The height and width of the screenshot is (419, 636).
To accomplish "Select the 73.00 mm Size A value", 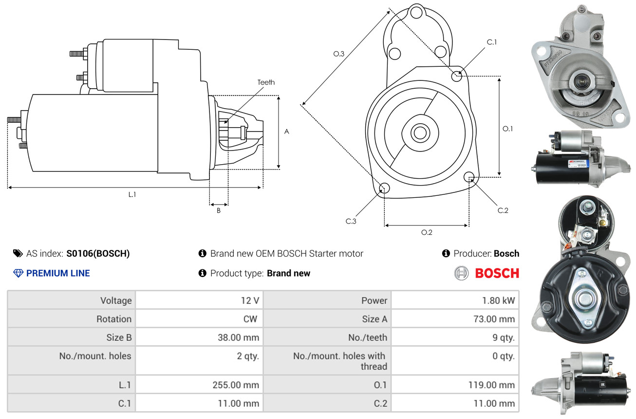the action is (x=494, y=319).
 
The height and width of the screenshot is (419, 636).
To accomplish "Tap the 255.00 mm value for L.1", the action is (x=236, y=384).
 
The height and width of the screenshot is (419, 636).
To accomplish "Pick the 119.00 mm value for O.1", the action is (x=491, y=384).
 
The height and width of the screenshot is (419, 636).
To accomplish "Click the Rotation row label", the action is (x=114, y=319).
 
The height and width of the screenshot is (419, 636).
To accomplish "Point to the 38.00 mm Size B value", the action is (x=238, y=337).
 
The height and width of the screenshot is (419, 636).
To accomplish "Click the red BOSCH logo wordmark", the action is (x=497, y=273).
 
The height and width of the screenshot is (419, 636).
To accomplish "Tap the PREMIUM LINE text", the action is (x=58, y=273).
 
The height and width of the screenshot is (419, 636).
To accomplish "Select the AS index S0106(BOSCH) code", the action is (x=98, y=253).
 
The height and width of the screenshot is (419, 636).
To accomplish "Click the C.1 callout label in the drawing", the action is (x=492, y=42).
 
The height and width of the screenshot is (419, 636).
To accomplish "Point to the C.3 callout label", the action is (x=351, y=221).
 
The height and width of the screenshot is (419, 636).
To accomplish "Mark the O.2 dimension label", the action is (x=427, y=232).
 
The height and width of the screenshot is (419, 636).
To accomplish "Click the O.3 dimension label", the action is (x=339, y=54).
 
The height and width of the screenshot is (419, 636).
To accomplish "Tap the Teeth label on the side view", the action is (x=266, y=82).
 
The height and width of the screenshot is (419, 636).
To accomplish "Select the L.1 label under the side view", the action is (x=132, y=194).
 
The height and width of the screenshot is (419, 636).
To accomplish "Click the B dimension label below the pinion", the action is (x=219, y=210).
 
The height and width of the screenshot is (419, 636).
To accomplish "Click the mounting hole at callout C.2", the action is (x=469, y=177).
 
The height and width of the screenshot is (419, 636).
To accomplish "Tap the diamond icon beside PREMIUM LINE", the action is (x=18, y=273).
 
